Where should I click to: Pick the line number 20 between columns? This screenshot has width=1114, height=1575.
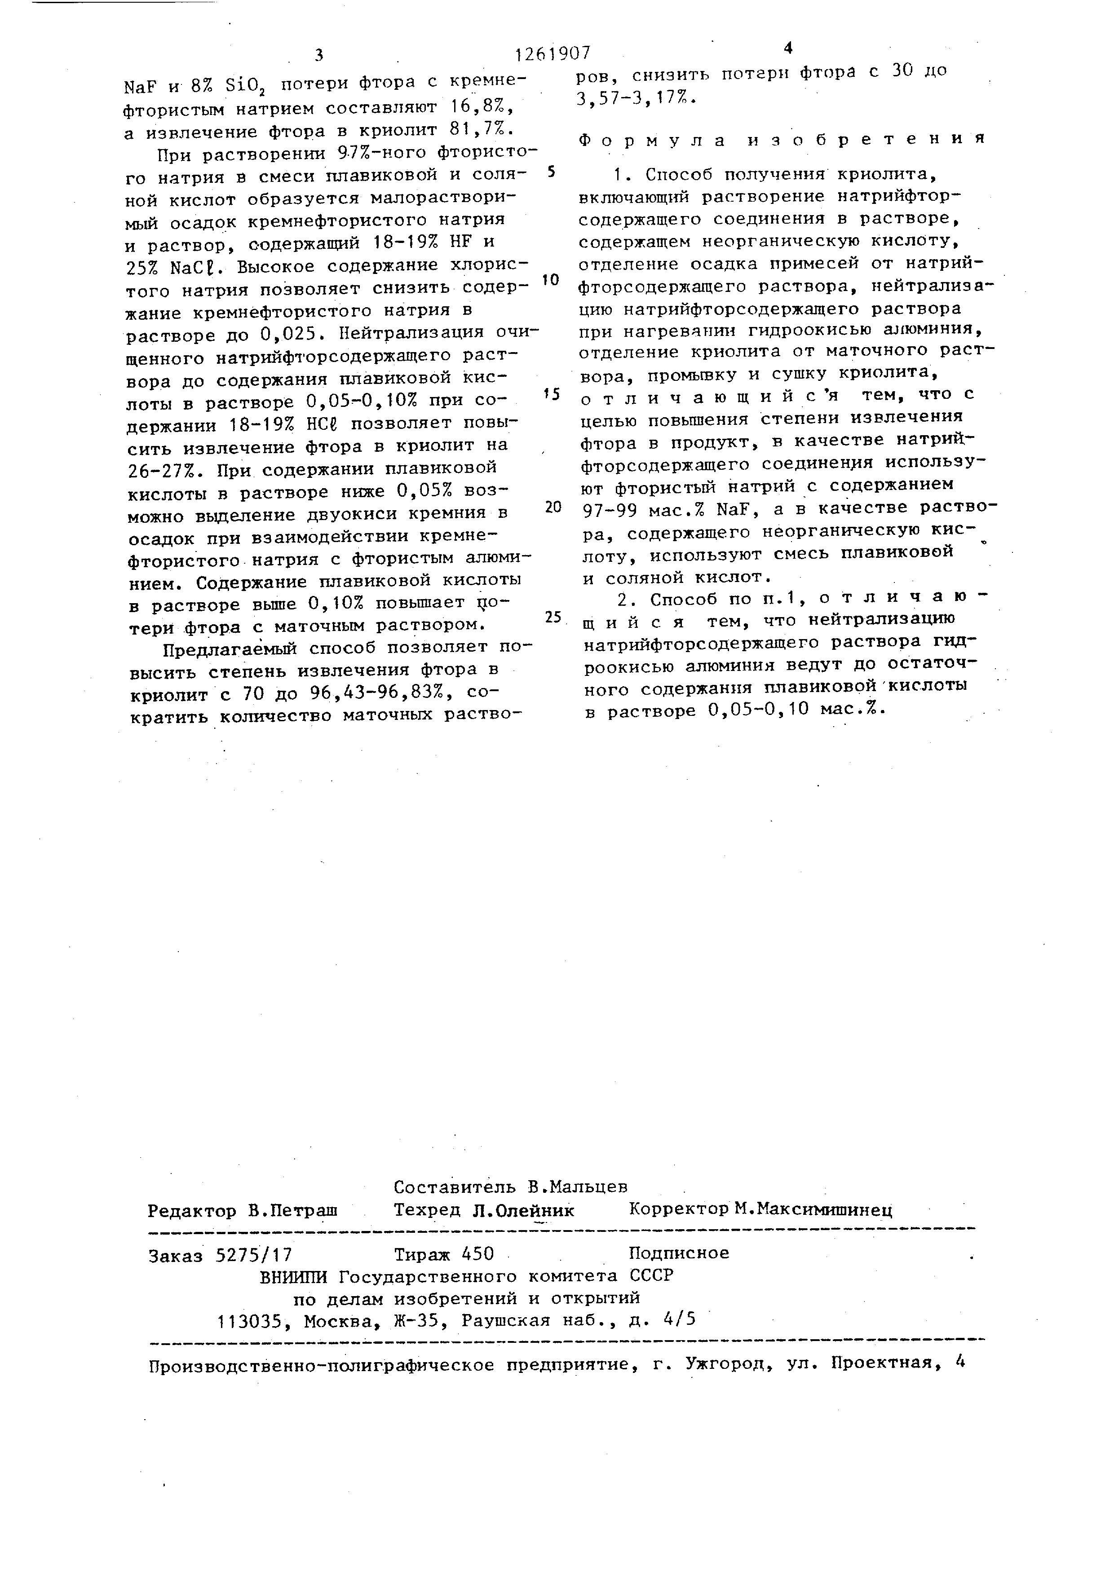(553, 507)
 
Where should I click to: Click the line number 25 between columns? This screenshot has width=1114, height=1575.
(553, 618)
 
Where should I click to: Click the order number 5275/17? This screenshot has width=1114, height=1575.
(254, 1255)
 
